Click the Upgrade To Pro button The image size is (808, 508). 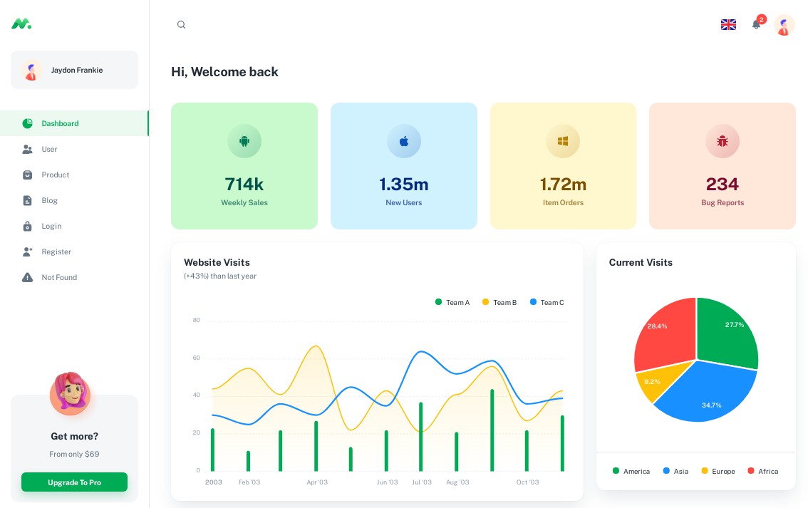tap(74, 482)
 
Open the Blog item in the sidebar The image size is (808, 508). tap(49, 200)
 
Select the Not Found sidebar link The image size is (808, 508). tap(58, 277)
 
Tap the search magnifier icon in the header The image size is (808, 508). tap(181, 25)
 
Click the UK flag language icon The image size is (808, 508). tap(728, 25)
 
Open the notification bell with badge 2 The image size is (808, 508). tap(756, 25)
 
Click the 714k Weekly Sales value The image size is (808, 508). tap(244, 184)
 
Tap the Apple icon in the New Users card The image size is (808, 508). tap(404, 141)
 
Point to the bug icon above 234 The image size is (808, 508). tap(722, 141)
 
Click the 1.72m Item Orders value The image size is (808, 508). tap(563, 184)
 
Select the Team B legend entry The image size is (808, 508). tap(500, 302)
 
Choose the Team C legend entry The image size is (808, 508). tap(547, 302)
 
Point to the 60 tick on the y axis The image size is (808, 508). tap(196, 358)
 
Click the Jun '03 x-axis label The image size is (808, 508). tap(387, 482)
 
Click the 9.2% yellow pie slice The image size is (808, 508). tap(652, 382)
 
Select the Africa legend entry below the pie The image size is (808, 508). tap(763, 471)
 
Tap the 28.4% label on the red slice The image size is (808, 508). tap(657, 326)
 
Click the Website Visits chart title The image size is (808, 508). tap(217, 262)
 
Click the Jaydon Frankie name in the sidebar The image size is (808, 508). tap(77, 70)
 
